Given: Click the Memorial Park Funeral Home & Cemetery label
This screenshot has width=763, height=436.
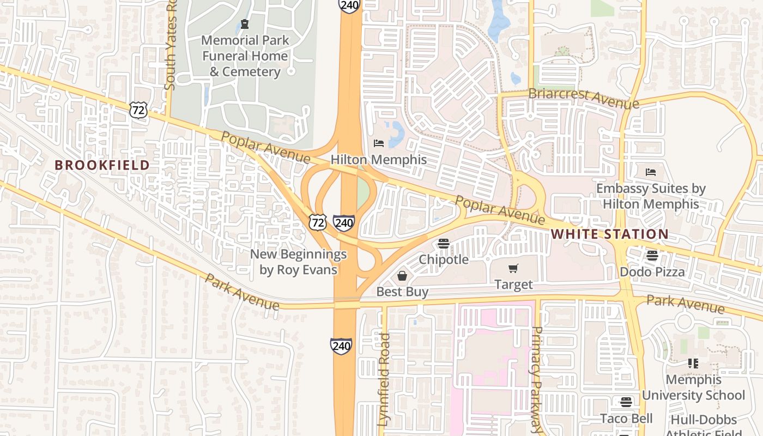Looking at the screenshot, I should (245, 56).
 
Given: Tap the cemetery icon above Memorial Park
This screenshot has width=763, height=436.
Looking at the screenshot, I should (245, 24).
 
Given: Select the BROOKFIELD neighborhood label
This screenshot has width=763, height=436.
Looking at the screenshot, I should (102, 165).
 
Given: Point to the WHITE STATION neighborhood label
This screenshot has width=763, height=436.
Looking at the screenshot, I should (609, 234).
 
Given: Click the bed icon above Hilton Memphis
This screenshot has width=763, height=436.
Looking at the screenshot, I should (379, 143).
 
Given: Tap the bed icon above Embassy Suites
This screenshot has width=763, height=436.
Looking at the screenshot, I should (651, 172).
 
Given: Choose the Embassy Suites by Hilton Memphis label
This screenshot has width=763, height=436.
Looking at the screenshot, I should (651, 196).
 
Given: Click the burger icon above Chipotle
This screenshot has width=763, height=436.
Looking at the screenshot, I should (444, 244).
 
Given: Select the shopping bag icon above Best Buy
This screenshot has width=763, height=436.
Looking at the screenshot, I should (402, 276).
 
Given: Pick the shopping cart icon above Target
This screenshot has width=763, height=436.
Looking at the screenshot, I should (513, 268).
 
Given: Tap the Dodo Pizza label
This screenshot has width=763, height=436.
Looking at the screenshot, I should (652, 271).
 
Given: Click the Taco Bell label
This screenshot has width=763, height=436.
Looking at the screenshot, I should (626, 419).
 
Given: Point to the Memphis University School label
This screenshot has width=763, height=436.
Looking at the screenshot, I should (693, 387).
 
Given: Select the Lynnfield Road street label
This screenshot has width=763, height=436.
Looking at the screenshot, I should (384, 379).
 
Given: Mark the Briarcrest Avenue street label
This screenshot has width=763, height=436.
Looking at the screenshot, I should (583, 98).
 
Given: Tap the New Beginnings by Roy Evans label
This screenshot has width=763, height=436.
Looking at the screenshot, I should (298, 262).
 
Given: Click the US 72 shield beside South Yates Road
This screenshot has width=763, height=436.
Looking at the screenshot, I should (138, 110).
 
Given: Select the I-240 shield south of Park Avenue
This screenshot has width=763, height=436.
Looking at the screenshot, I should (341, 346).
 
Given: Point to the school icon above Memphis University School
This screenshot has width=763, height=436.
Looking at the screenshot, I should (693, 363).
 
